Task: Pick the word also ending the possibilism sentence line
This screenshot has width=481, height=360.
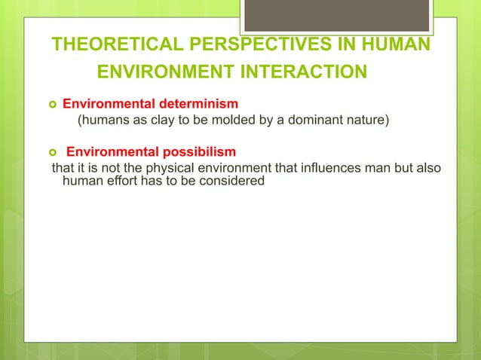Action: pyautogui.click(x=427, y=166)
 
